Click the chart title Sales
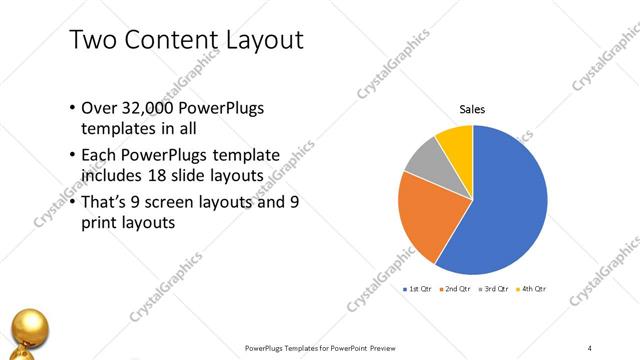click(473, 109)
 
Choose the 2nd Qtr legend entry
click(455, 289)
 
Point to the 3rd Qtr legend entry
click(494, 289)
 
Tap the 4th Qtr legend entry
click(532, 289)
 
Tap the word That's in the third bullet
click(105, 202)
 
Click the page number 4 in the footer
click(590, 347)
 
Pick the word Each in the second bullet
click(98, 156)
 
